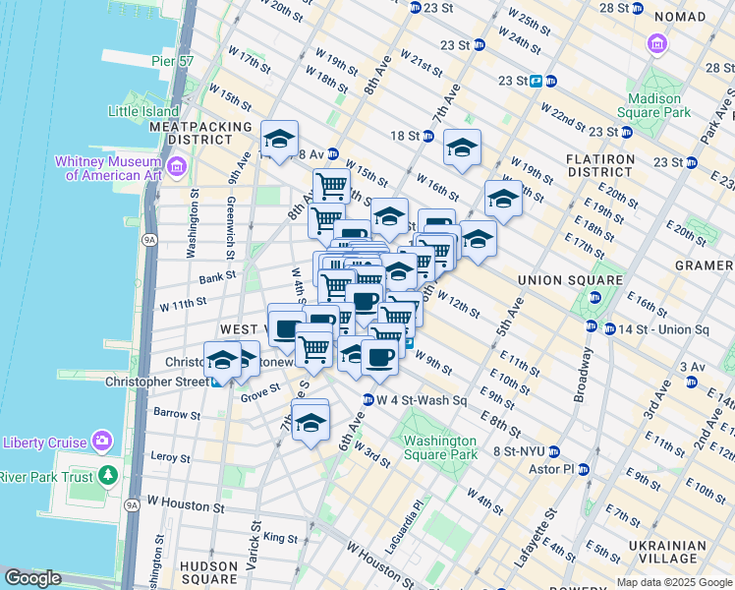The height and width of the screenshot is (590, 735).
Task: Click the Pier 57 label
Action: [171, 61]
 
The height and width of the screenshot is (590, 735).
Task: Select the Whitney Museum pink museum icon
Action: [176, 165]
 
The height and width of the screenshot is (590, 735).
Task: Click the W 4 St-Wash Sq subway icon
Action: [368, 400]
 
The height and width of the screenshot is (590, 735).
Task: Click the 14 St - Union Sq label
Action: [657, 328]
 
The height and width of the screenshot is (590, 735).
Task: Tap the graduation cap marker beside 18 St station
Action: [462, 148]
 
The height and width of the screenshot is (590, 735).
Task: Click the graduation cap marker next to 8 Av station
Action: [279, 140]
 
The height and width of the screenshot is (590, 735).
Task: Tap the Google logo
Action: [32, 579]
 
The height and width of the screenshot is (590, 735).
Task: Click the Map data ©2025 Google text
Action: [674, 582]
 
